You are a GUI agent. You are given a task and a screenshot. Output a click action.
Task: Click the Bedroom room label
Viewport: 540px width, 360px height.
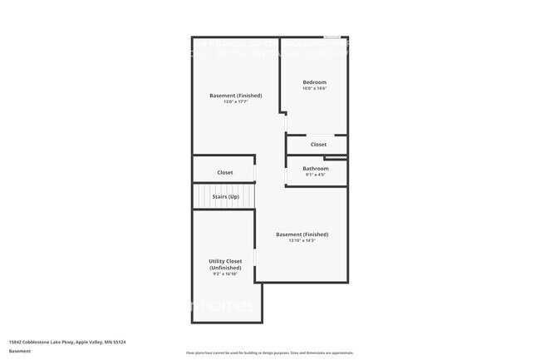[314, 82]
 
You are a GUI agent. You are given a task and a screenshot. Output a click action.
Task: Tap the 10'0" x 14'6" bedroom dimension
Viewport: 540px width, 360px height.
[314, 89]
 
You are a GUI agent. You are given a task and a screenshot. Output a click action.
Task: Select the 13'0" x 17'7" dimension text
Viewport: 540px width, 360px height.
[235, 102]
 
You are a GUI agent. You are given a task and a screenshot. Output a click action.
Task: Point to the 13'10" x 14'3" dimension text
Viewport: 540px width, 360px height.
[302, 241]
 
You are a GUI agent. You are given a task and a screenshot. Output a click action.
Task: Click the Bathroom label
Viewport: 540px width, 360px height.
[316, 169]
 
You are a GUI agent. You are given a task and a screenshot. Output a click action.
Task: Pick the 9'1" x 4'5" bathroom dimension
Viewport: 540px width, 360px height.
[316, 175]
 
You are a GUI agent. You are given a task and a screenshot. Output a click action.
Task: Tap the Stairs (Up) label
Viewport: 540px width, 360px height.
[225, 196]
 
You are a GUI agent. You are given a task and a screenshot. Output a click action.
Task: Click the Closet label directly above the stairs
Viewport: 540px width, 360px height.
[225, 172]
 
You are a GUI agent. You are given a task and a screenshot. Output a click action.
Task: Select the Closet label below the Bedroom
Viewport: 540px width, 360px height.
[318, 145]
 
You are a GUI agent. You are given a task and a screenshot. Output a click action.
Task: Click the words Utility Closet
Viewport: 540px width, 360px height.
[225, 261]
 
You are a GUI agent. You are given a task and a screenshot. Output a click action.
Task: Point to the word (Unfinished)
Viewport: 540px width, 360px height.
[225, 268]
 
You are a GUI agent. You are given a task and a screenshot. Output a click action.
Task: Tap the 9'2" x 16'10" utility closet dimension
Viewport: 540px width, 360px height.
[225, 274]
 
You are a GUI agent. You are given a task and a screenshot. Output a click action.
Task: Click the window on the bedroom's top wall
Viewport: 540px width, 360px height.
[332, 37]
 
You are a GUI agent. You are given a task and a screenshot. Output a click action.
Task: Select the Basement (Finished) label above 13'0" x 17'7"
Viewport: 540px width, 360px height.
[235, 96]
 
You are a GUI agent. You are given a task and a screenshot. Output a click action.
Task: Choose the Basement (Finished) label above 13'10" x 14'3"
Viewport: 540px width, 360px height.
[302, 234]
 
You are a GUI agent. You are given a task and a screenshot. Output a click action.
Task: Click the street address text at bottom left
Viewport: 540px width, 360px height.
[67, 342]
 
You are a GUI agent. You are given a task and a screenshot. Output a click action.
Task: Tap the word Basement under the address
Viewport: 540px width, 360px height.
[20, 351]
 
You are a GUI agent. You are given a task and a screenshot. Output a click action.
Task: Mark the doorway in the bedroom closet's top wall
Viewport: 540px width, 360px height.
[318, 135]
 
